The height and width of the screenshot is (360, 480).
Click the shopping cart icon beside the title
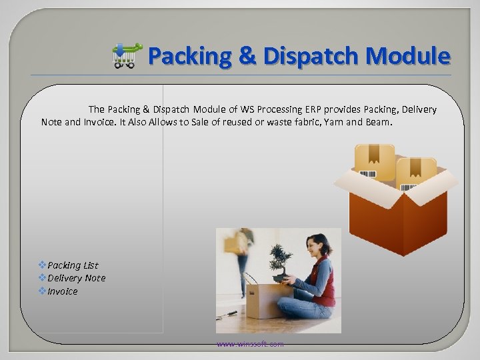(126, 56)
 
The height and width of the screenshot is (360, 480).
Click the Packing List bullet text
(73, 265)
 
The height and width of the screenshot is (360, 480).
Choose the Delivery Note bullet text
(76, 278)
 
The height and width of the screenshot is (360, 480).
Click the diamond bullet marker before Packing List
(43, 265)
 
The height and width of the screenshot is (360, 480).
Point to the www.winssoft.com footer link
(250, 344)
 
